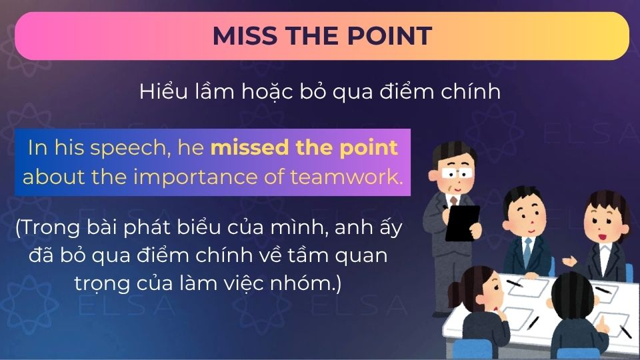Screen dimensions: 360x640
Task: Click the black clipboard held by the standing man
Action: pyautogui.click(x=463, y=223)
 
